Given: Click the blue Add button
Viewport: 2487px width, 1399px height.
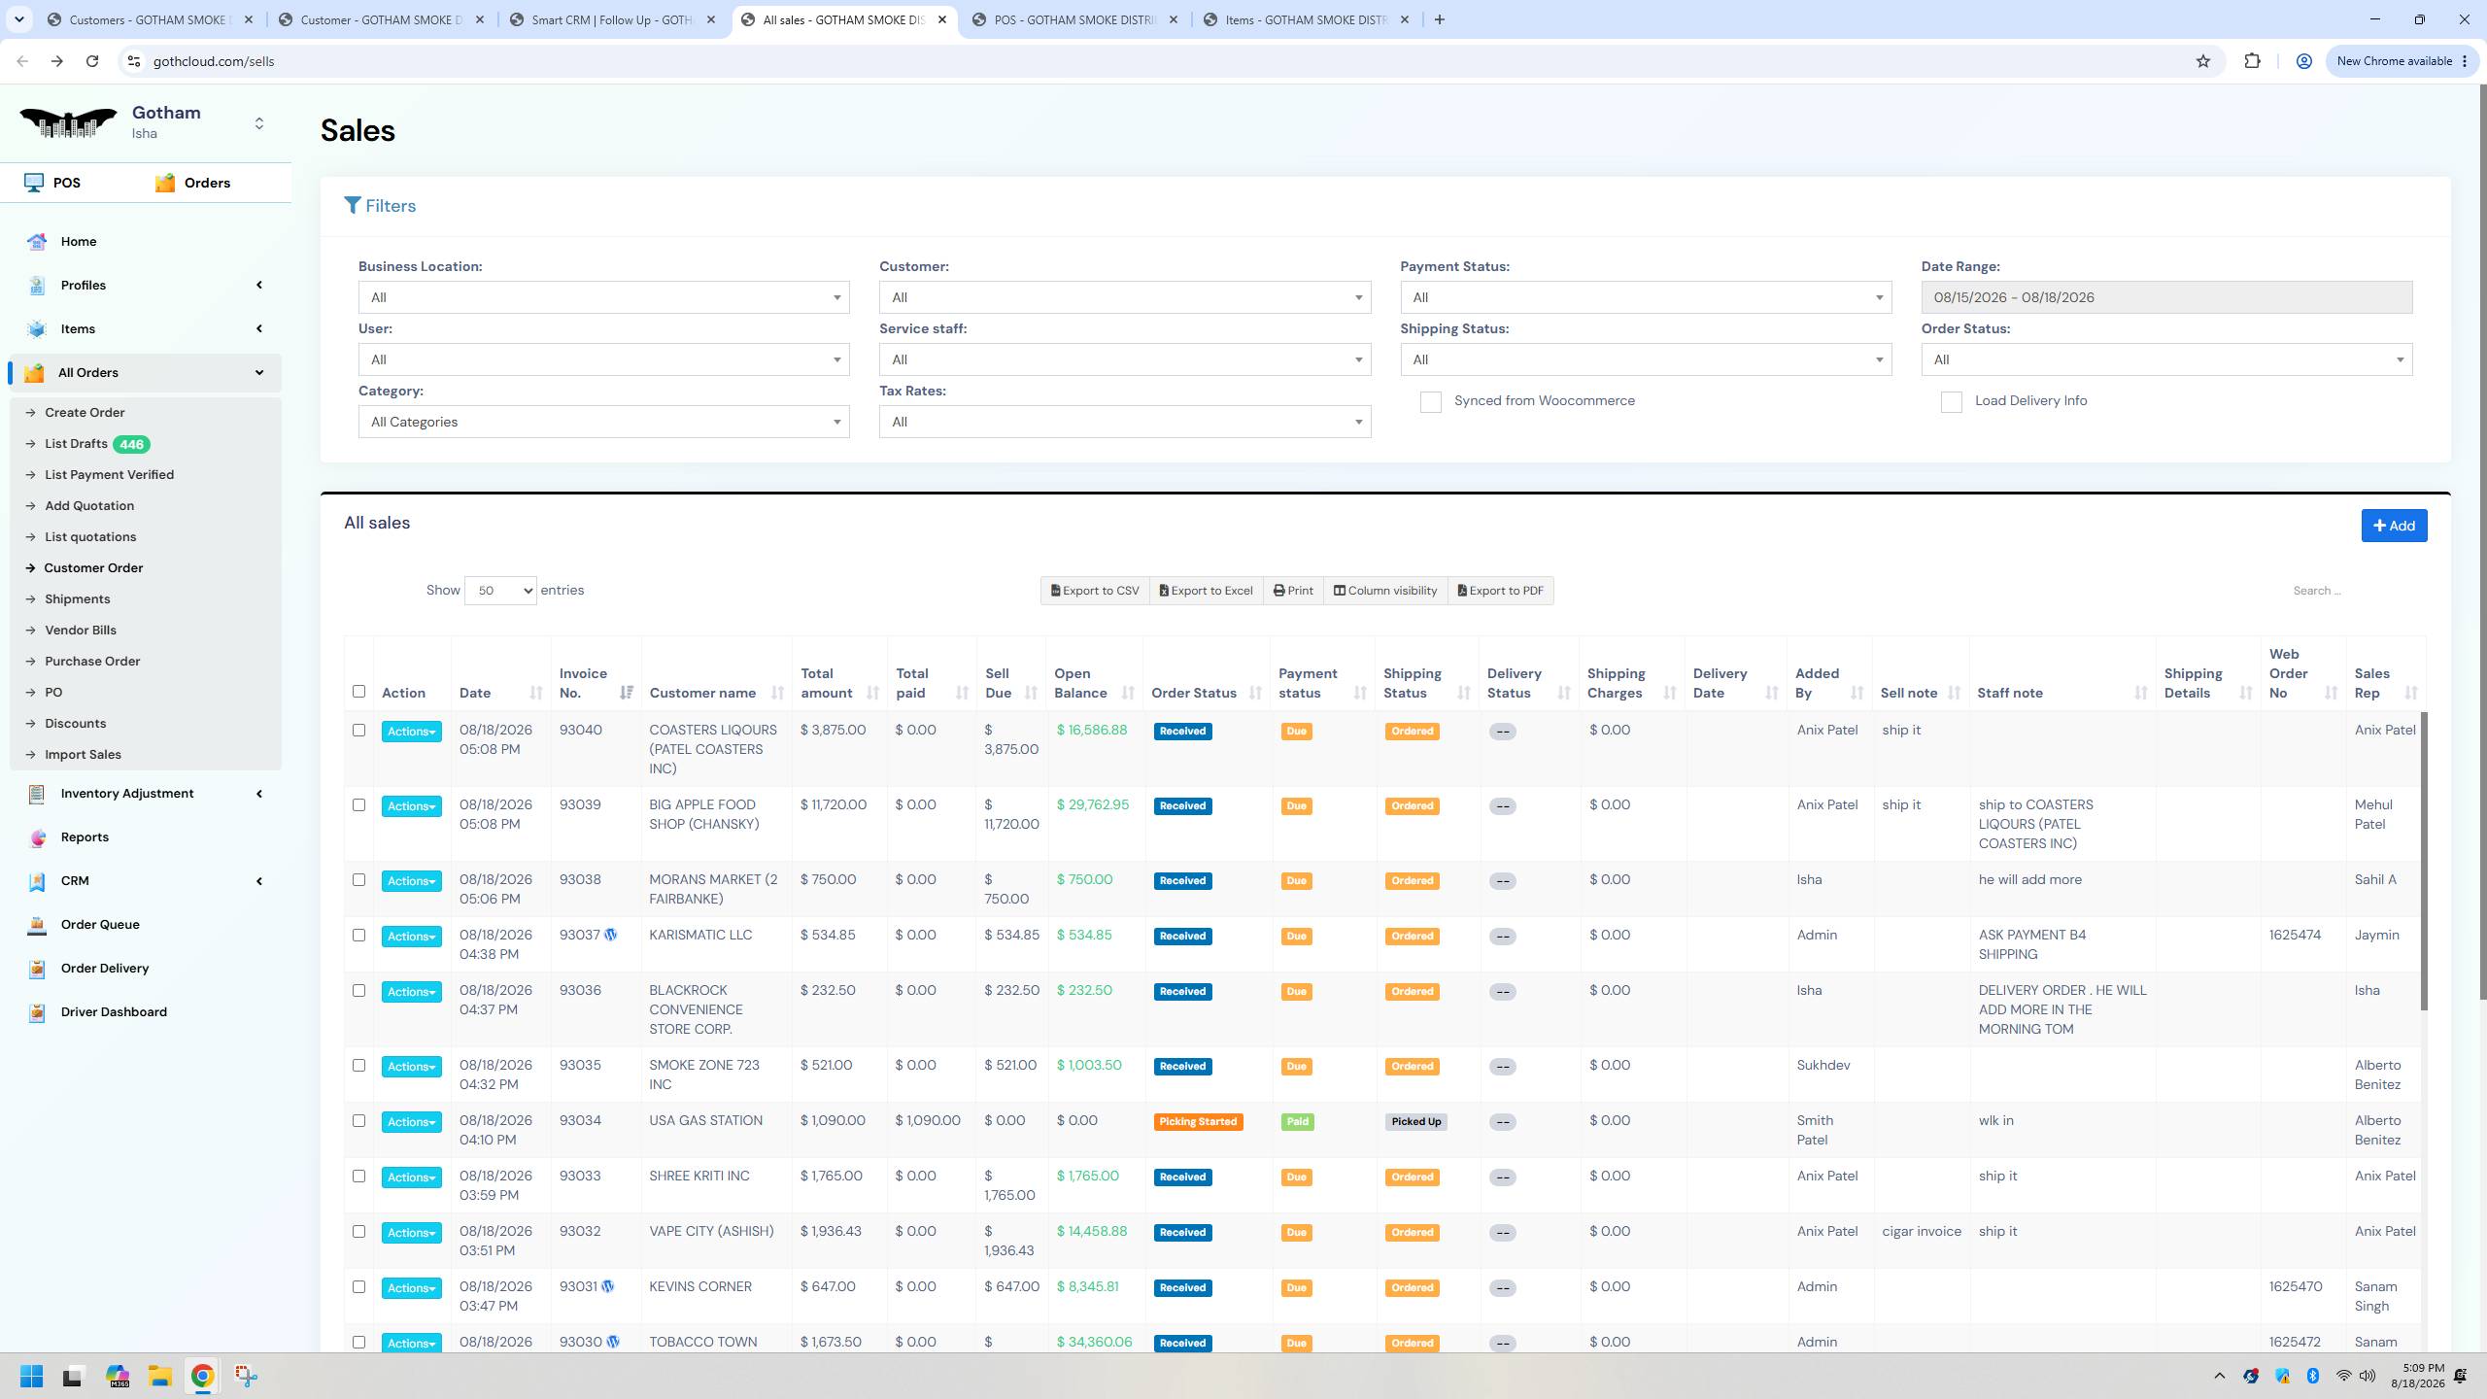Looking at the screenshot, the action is pyautogui.click(x=2394, y=526).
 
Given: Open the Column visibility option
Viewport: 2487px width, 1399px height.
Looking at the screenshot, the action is pyautogui.click(x=1384, y=591).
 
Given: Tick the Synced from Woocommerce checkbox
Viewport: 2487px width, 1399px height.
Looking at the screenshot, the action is pyautogui.click(x=1430, y=402).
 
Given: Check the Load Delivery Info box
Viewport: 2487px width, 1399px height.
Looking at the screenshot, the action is pyautogui.click(x=1951, y=402).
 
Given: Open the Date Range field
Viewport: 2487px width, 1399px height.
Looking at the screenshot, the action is pyautogui.click(x=2165, y=297).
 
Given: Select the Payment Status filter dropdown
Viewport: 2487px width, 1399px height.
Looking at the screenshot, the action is pyautogui.click(x=1646, y=297).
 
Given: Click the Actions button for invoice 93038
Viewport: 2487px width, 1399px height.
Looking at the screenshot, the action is pyautogui.click(x=411, y=881).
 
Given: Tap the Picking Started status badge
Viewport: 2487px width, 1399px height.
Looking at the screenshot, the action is pyautogui.click(x=1198, y=1121).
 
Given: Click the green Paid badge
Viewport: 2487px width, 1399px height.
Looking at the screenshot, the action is pyautogui.click(x=1297, y=1121).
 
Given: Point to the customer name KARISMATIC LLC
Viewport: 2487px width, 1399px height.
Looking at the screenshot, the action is pyautogui.click(x=700, y=935).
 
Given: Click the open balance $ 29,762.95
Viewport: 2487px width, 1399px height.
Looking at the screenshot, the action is pyautogui.click(x=1093, y=804).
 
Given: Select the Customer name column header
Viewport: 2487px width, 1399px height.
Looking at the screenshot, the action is pyautogui.click(x=702, y=693).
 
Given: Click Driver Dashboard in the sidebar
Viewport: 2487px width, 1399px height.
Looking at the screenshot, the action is pyautogui.click(x=114, y=1011).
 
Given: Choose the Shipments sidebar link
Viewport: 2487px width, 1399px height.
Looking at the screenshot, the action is pyautogui.click(x=77, y=598).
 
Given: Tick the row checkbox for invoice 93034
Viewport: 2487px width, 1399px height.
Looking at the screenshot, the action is pyautogui.click(x=358, y=1120).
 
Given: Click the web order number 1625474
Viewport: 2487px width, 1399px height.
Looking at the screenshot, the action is pyautogui.click(x=2295, y=935).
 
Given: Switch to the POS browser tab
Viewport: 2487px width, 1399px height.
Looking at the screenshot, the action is pyautogui.click(x=1074, y=19).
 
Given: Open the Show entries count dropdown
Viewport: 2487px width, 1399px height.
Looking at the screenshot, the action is pyautogui.click(x=500, y=591).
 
